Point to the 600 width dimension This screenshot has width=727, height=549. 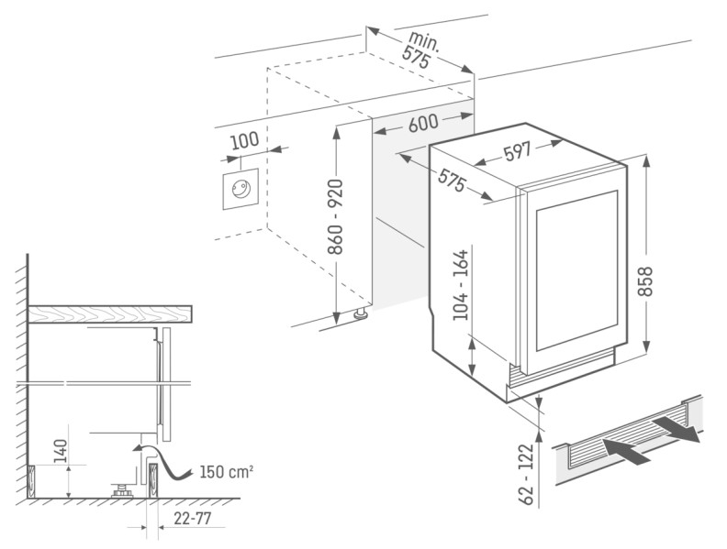pos(422,123)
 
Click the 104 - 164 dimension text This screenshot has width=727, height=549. pos(462,284)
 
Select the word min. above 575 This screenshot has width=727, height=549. pos(423,39)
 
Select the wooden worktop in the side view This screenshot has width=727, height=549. pos(110,314)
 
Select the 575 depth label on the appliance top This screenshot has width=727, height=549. pos(450,181)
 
